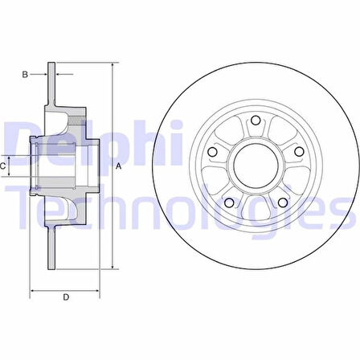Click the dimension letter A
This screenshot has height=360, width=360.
point(118,166)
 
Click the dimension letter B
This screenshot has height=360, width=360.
point(25,75)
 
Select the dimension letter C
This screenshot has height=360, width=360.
point(2,166)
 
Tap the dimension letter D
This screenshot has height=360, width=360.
point(66,297)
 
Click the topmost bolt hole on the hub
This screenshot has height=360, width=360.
point(256,120)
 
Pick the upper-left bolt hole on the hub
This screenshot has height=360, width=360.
point(213,152)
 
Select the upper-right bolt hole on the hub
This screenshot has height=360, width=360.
point(299,152)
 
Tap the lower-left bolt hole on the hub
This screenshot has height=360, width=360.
point(229,202)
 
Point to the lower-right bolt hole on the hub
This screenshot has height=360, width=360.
point(283,202)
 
